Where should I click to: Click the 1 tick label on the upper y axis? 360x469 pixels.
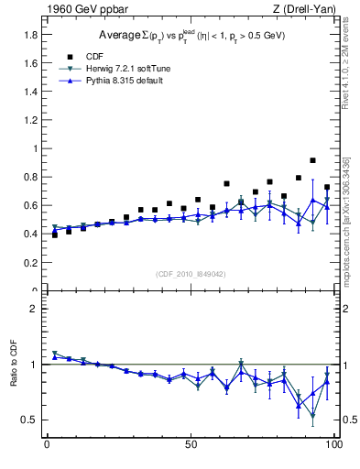(34, 148)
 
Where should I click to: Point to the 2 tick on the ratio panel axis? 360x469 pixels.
(34, 309)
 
